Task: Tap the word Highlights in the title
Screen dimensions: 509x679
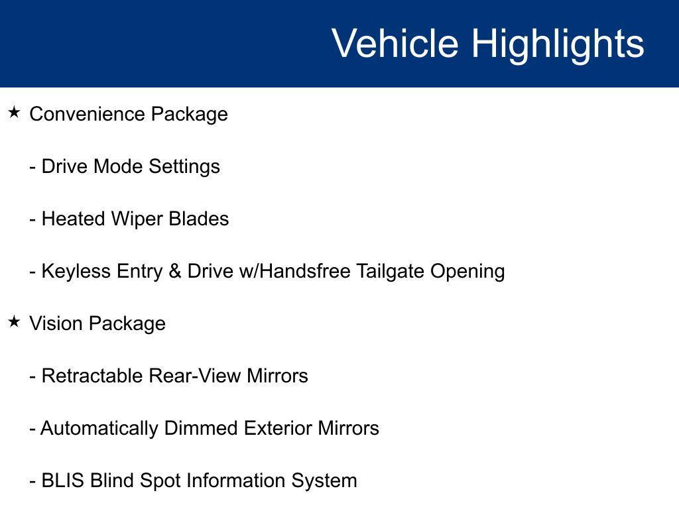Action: tap(558, 44)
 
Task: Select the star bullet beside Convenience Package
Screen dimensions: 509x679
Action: tap(14, 113)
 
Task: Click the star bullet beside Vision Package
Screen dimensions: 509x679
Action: tap(14, 322)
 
